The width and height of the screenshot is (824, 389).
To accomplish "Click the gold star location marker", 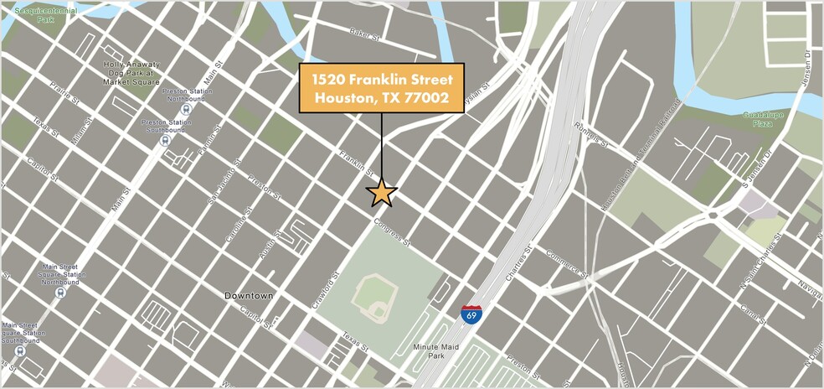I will (382, 193).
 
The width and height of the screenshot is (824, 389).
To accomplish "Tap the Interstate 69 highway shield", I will (471, 314).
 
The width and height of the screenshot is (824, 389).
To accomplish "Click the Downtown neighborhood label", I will (249, 296).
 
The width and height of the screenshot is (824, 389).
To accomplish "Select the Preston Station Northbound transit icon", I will (186, 108).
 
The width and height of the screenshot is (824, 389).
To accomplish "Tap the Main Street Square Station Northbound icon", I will (59, 293).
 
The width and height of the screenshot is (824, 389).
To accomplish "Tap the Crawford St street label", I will (324, 288).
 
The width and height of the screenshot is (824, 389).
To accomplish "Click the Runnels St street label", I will (591, 132).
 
